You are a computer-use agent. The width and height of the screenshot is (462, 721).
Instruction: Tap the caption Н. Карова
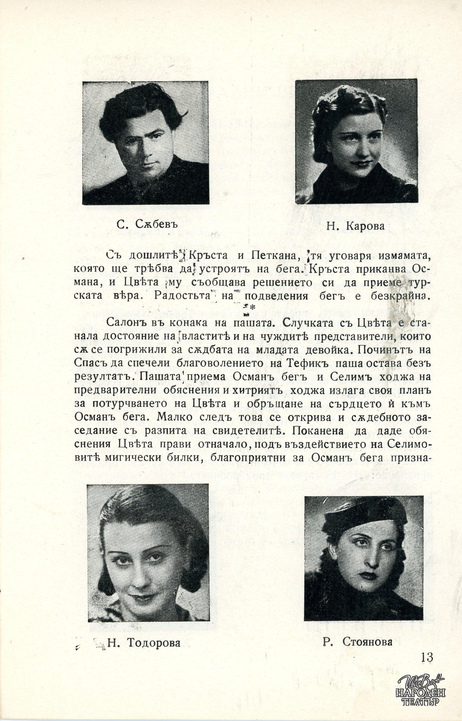point(356,226)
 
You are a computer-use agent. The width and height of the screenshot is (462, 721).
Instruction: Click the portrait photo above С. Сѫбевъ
point(146,143)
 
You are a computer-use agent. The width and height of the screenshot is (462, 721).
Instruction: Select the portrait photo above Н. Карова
point(356,141)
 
